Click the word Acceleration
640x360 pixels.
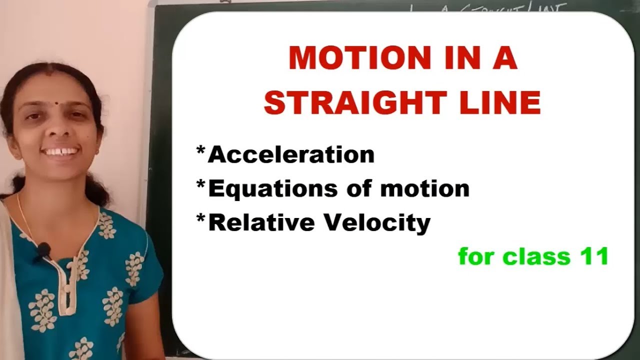tap(291, 155)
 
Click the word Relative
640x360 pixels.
tap(259, 222)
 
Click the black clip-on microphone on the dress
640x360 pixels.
tap(44, 248)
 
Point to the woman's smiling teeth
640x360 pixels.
tap(62, 150)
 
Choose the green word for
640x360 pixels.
tap(478, 256)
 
